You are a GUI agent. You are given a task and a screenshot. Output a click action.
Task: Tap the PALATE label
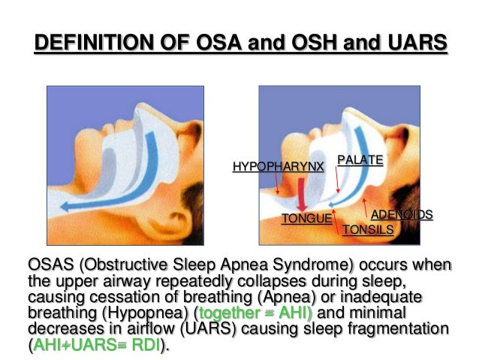pos(360,159)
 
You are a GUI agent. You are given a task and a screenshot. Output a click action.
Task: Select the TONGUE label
pos(306,219)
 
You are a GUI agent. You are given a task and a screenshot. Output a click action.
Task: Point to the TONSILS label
pos(368,230)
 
